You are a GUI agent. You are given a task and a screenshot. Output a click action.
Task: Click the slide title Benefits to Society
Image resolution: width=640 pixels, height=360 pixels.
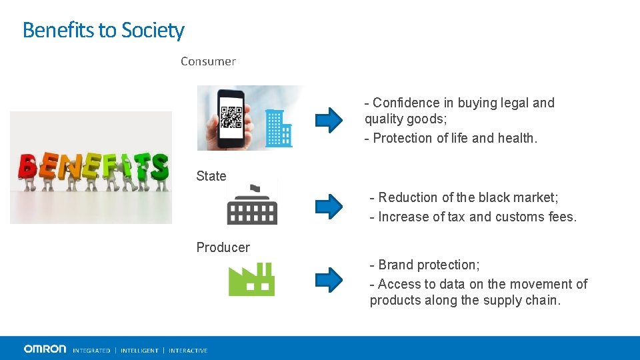click(x=103, y=30)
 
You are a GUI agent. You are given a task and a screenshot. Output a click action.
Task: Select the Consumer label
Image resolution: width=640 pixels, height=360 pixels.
click(x=208, y=61)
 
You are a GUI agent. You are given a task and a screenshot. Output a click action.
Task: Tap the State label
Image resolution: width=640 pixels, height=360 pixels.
click(x=211, y=176)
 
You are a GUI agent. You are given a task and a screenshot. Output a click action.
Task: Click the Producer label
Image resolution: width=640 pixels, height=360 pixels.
click(x=223, y=247)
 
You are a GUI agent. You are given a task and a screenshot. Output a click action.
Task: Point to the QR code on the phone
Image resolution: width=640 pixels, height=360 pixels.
click(x=231, y=117)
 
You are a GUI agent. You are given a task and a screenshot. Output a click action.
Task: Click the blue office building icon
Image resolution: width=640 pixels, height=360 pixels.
click(x=278, y=128)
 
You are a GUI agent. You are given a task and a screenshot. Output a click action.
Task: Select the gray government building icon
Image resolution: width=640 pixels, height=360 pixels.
click(x=251, y=205)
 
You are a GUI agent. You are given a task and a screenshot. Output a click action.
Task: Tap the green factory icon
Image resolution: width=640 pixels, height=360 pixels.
click(x=251, y=279)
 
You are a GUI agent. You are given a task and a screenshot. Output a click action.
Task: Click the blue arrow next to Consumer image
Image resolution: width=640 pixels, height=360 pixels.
click(x=328, y=120)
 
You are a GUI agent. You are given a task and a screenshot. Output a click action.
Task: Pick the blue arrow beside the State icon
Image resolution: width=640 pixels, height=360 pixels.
click(x=328, y=206)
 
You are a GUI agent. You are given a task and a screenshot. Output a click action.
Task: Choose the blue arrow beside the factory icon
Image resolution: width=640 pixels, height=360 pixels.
click(x=328, y=279)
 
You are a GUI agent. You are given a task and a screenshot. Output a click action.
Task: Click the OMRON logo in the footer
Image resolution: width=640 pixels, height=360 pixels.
click(x=45, y=349)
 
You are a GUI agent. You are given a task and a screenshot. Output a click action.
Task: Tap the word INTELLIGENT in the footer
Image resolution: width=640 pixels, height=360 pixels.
click(x=139, y=351)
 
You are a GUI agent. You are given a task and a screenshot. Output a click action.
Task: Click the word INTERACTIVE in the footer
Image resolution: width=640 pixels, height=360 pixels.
click(x=188, y=351)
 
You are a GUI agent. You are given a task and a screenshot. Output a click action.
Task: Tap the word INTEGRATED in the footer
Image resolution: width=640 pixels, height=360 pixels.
click(x=91, y=351)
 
